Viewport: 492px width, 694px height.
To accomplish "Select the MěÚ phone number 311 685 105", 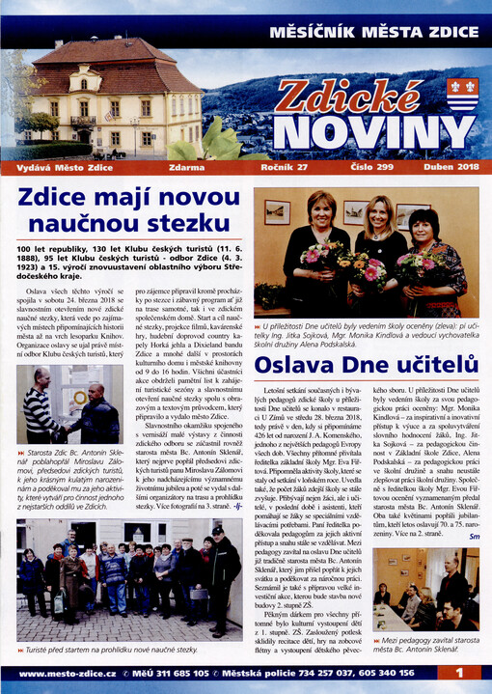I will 192,673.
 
